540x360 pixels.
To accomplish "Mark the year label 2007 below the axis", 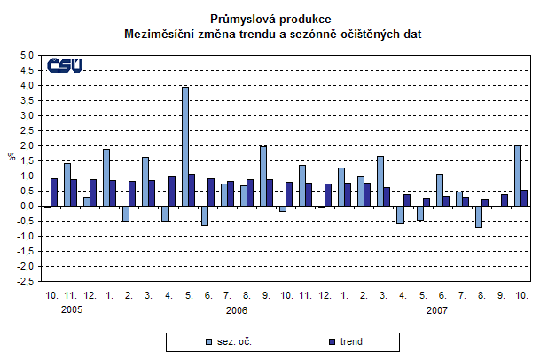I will click(x=437, y=311).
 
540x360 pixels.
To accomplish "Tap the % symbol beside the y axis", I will click(x=12, y=158).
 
